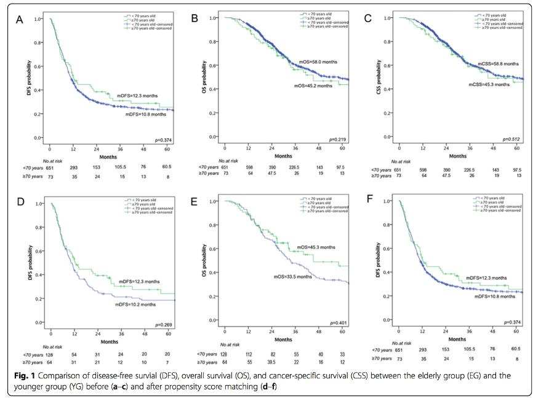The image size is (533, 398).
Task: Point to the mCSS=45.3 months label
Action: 489,84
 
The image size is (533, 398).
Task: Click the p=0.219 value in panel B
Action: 335,140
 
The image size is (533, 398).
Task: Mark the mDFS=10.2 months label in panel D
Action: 137,304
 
